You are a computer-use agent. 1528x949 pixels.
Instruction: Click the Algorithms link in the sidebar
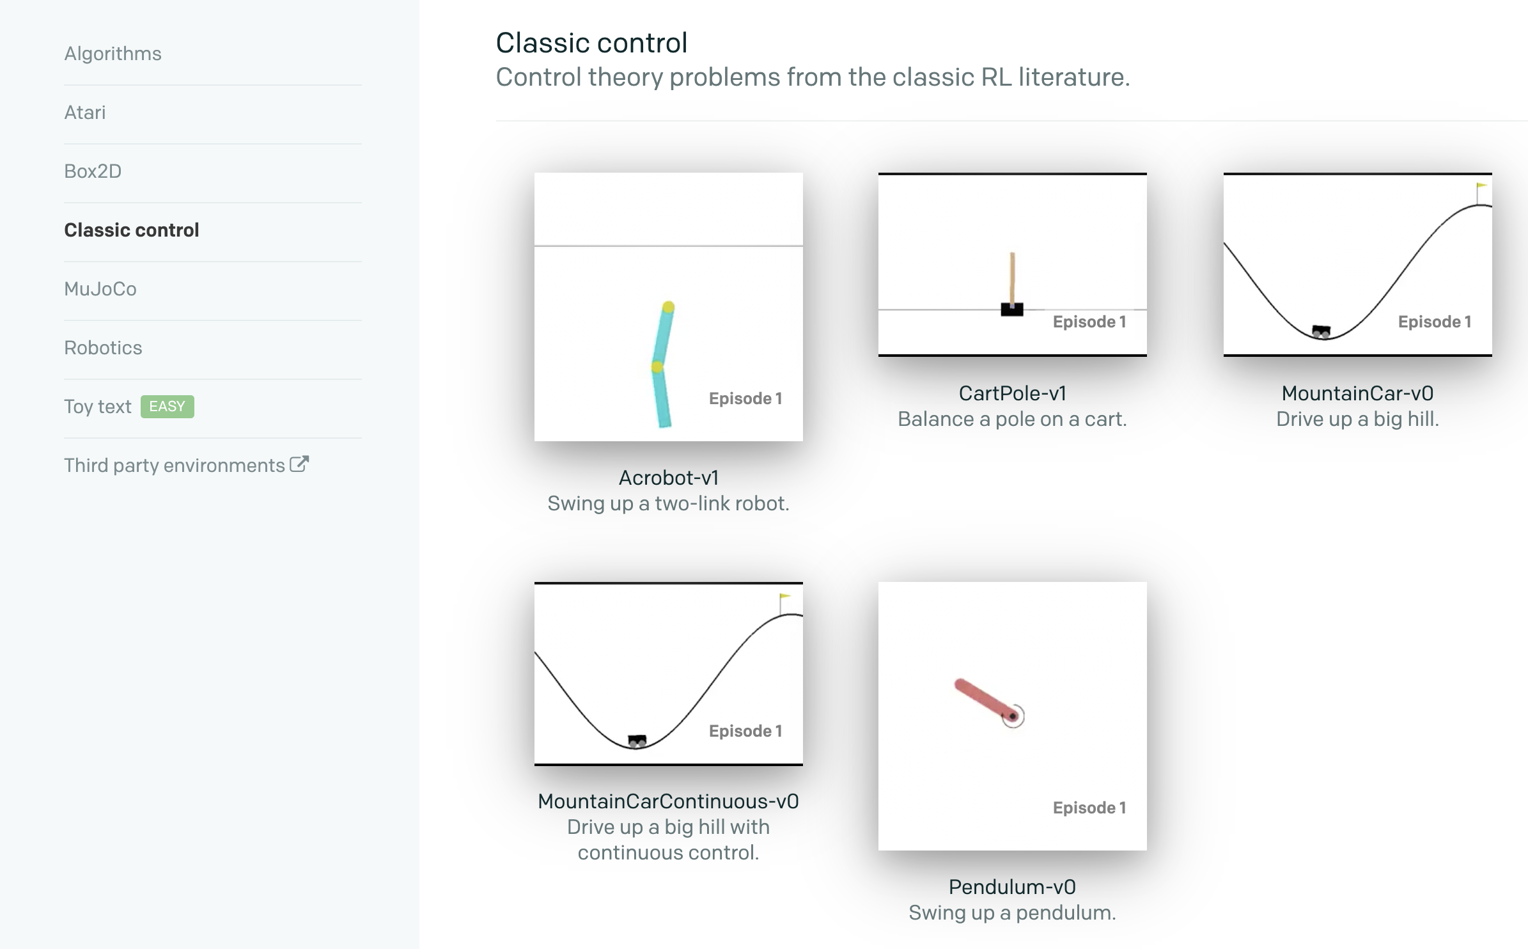coord(113,54)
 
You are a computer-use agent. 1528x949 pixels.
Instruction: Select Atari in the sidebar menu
coord(85,113)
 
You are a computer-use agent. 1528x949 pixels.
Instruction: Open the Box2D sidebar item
coord(93,171)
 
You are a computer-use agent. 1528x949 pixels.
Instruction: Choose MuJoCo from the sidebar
coord(100,289)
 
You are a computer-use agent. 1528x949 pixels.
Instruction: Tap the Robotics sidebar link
coord(103,348)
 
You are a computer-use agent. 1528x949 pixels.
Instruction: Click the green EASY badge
coord(167,407)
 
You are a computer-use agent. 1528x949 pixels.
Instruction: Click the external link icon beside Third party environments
coord(299,464)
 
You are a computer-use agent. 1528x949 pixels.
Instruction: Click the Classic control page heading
coord(591,43)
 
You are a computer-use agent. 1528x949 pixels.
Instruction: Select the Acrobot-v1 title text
coord(669,478)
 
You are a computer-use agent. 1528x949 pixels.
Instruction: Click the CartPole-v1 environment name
coord(1013,393)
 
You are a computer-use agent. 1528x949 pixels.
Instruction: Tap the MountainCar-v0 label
coord(1357,393)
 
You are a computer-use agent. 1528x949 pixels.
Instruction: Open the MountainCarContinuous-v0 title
coord(668,801)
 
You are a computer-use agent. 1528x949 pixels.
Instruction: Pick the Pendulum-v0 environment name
coord(1012,887)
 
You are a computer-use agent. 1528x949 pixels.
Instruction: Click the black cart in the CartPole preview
coord(1012,310)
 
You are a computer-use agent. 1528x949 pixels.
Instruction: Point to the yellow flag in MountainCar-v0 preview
coord(1481,186)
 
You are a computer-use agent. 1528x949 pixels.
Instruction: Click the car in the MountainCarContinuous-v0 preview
coord(637,741)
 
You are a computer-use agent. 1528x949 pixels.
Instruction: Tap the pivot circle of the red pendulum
coord(1013,716)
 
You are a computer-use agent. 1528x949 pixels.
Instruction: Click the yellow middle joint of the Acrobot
coord(657,367)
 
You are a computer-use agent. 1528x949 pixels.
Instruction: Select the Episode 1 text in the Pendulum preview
coord(1089,808)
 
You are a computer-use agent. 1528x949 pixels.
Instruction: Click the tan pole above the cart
coord(1013,278)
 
